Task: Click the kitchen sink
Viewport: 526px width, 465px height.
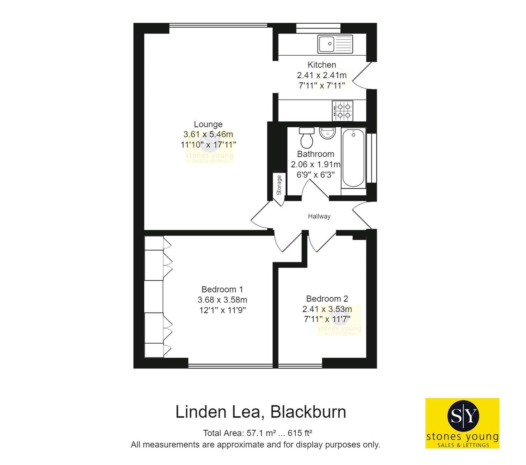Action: click(x=335, y=44)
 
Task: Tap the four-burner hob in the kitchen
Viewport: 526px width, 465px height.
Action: click(x=342, y=111)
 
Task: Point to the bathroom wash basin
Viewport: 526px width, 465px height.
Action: click(x=327, y=133)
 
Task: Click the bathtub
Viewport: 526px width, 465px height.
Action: click(x=353, y=159)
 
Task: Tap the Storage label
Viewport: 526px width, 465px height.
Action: click(x=279, y=185)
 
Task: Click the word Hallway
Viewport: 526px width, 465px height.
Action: click(x=319, y=216)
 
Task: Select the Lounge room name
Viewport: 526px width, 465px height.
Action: click(x=208, y=124)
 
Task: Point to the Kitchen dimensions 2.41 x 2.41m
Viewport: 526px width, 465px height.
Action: click(x=321, y=75)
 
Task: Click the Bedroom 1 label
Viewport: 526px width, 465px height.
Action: click(x=222, y=290)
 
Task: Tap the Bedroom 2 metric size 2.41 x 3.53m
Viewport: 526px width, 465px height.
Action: click(x=327, y=309)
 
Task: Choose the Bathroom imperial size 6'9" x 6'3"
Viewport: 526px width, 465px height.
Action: click(x=315, y=175)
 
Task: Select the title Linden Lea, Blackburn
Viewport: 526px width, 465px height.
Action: click(x=261, y=412)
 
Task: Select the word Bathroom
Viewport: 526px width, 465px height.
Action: click(x=315, y=154)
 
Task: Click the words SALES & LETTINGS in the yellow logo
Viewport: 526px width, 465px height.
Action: click(x=462, y=445)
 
